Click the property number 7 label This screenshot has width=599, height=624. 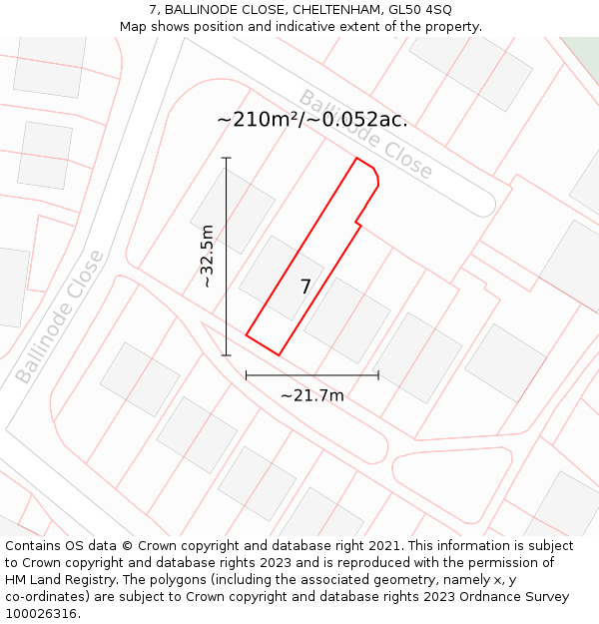305,288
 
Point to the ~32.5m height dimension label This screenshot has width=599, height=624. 208,257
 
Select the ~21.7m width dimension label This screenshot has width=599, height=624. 311,395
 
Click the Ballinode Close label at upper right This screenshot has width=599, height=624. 366,135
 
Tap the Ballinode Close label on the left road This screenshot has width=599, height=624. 60,316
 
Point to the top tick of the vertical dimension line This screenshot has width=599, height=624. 227,158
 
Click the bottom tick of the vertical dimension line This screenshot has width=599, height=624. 227,354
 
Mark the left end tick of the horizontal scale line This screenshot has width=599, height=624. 247,375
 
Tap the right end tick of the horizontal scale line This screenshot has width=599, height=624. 378,375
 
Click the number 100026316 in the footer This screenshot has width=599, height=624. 41,614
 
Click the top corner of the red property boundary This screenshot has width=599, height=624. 357,158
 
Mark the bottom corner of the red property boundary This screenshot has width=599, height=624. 279,354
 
